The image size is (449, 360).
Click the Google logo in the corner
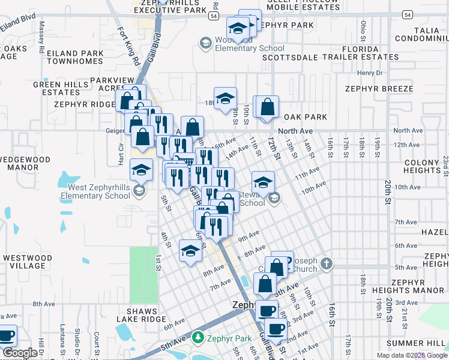(x=20, y=353)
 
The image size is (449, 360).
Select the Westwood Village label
(x=24, y=262)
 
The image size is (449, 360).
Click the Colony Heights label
(x=422, y=166)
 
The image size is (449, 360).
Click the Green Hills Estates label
(x=56, y=89)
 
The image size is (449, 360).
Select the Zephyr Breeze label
(x=379, y=89)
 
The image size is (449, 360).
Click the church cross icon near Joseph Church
(x=326, y=263)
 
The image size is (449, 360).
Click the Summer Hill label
(x=417, y=343)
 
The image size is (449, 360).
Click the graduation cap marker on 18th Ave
(x=226, y=100)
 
